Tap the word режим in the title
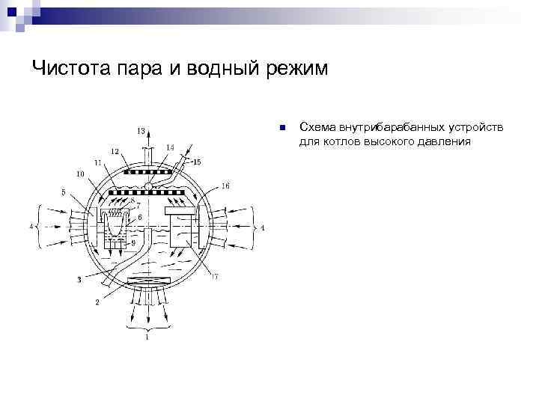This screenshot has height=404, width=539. [x=296, y=68]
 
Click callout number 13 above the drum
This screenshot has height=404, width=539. [x=141, y=131]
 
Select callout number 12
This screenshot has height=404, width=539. [x=115, y=152]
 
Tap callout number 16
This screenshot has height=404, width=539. [x=225, y=185]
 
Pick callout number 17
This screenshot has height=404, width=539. [x=214, y=278]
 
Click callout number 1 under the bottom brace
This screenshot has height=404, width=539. [x=147, y=338]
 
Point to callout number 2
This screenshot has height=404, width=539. [x=97, y=302]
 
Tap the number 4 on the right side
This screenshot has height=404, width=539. [x=263, y=227]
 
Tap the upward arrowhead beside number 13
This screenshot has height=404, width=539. [x=148, y=139]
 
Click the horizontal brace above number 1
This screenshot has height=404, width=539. [x=147, y=328]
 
